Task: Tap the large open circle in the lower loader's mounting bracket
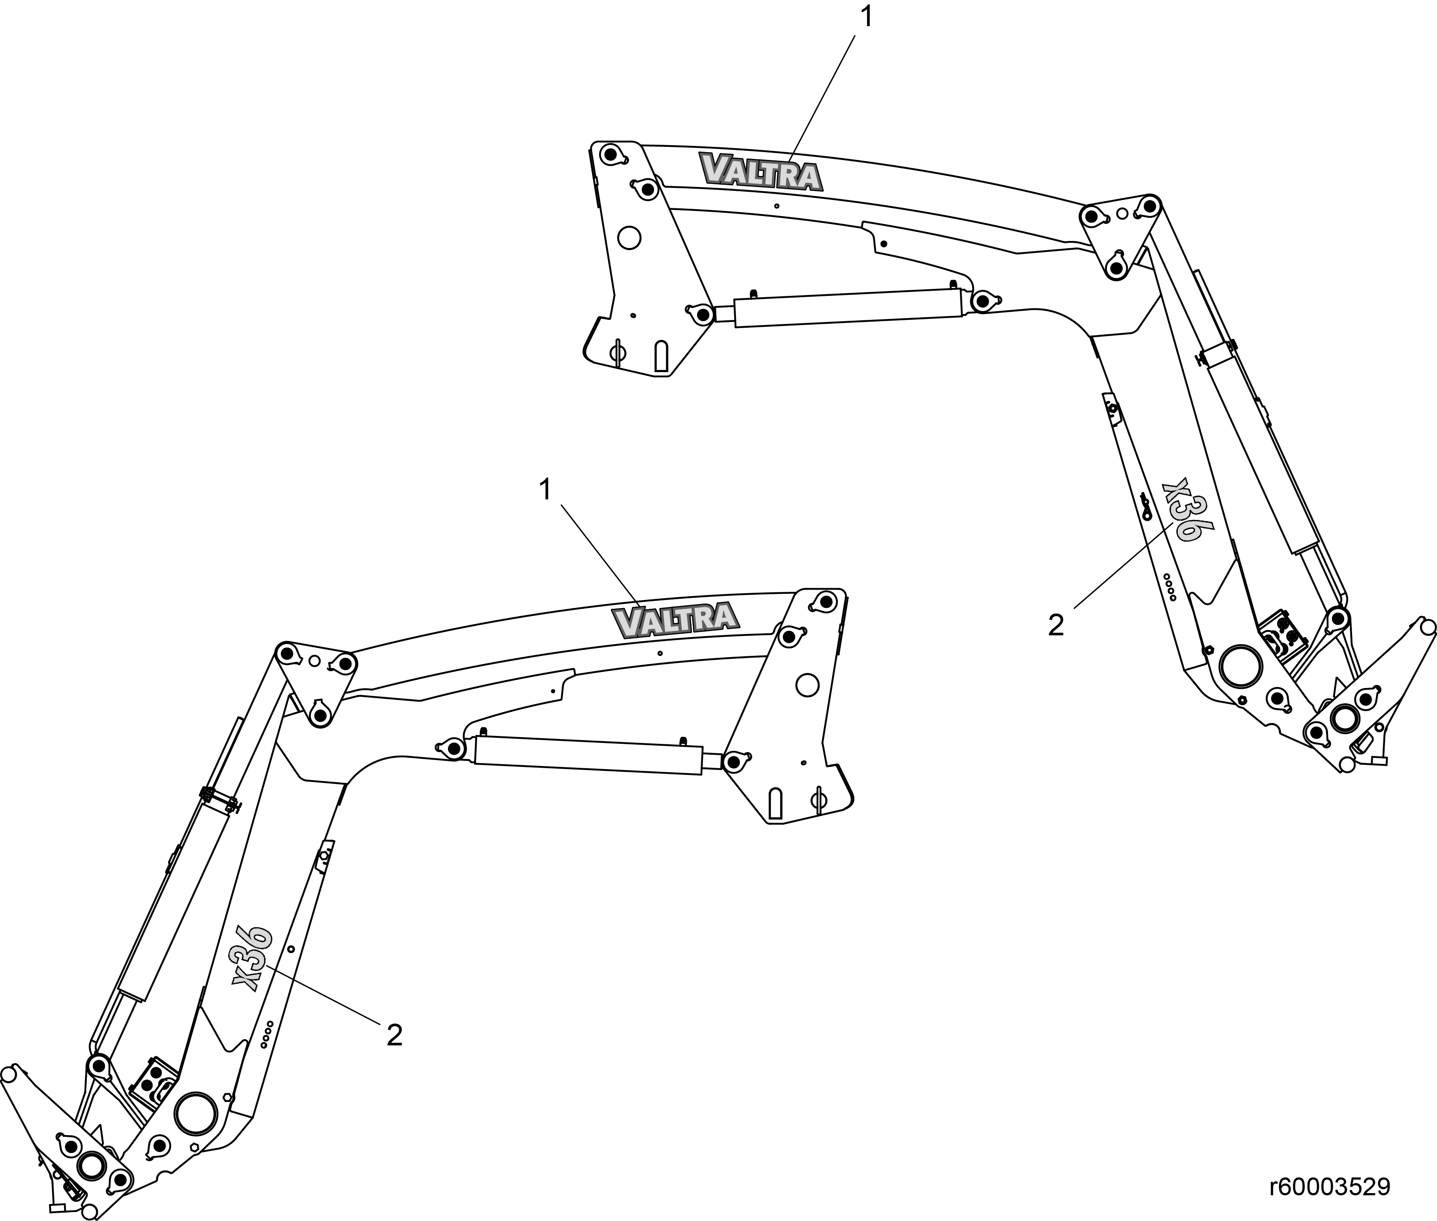click(807, 685)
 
